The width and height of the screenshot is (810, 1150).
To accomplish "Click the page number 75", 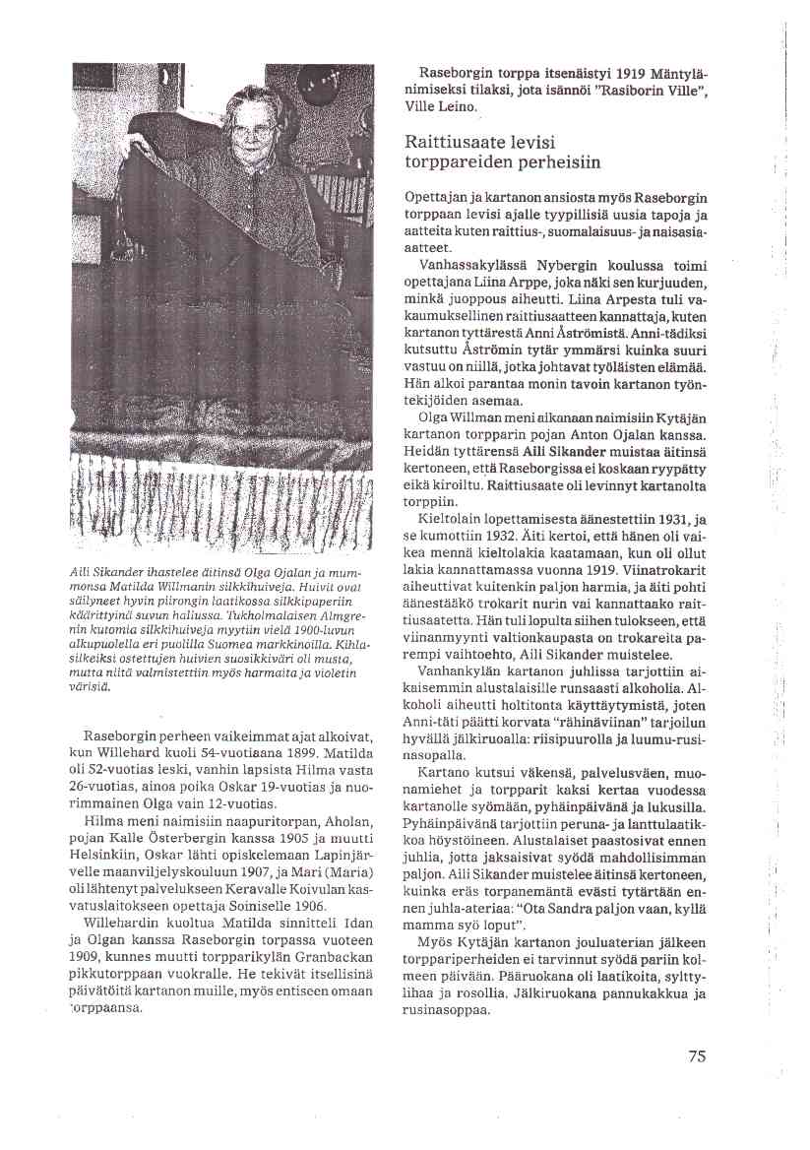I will click(x=697, y=1056).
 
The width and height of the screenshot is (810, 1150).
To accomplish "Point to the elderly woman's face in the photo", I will click(x=252, y=129).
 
